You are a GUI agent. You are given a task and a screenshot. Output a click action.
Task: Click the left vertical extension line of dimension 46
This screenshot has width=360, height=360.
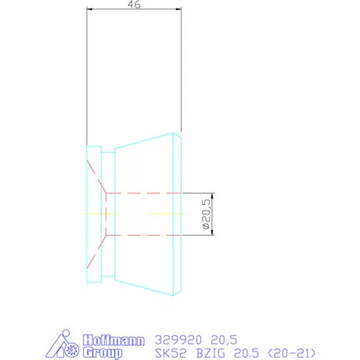[87, 78]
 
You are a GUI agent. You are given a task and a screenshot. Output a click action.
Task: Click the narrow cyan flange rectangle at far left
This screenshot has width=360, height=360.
[94, 213]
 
